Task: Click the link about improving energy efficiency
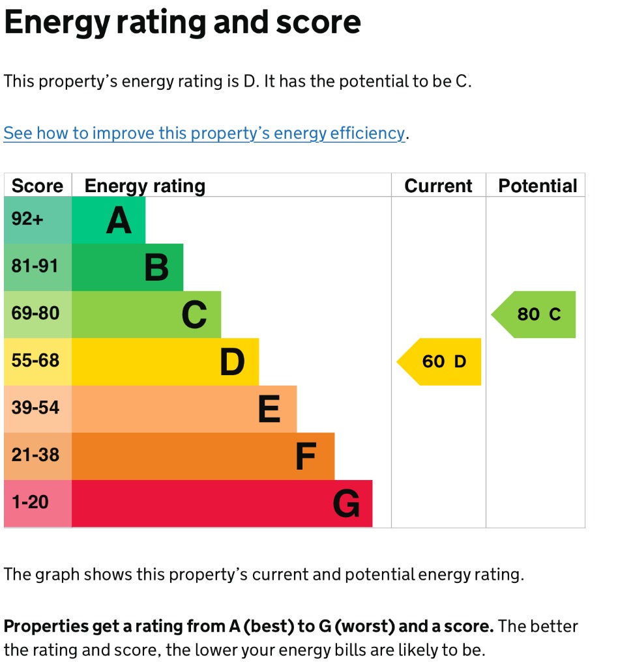[204, 134]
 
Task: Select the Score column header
[37, 186]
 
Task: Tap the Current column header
[438, 186]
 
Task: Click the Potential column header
[537, 186]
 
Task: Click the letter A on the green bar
[119, 220]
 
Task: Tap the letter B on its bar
[156, 268]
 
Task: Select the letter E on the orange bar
[269, 410]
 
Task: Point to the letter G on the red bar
[346, 504]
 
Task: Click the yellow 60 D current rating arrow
[441, 362]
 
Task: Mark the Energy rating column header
[145, 186]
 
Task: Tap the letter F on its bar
[306, 457]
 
